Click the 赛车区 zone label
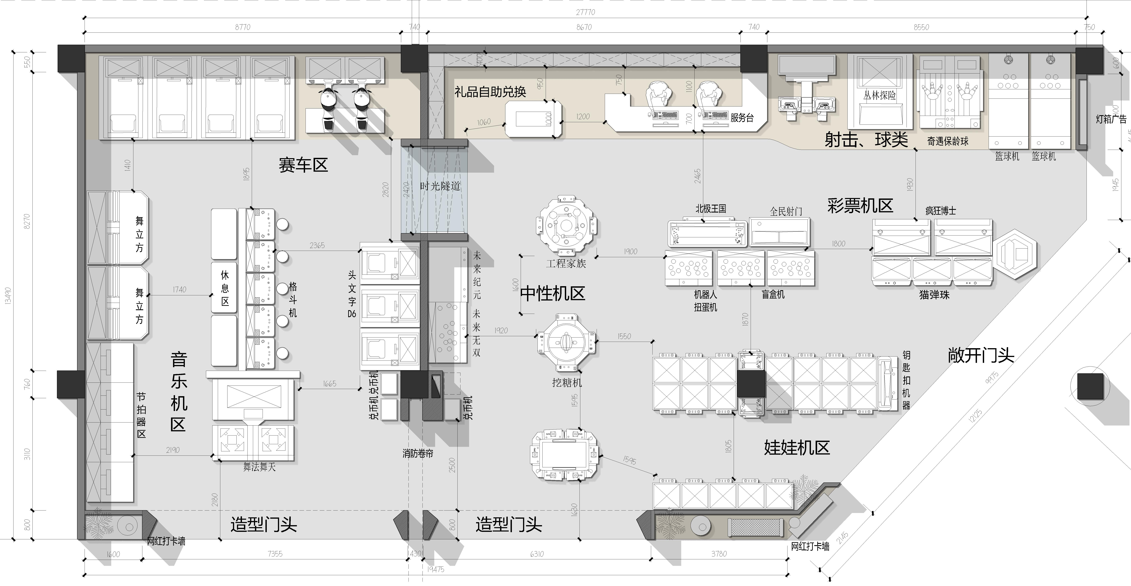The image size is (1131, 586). (303, 165)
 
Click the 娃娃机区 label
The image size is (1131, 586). (797, 448)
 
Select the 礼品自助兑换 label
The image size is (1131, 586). (490, 92)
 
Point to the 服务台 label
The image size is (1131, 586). (742, 118)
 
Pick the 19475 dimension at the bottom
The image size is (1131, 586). (436, 569)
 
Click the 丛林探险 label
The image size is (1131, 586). (879, 95)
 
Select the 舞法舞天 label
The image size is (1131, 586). (259, 467)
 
